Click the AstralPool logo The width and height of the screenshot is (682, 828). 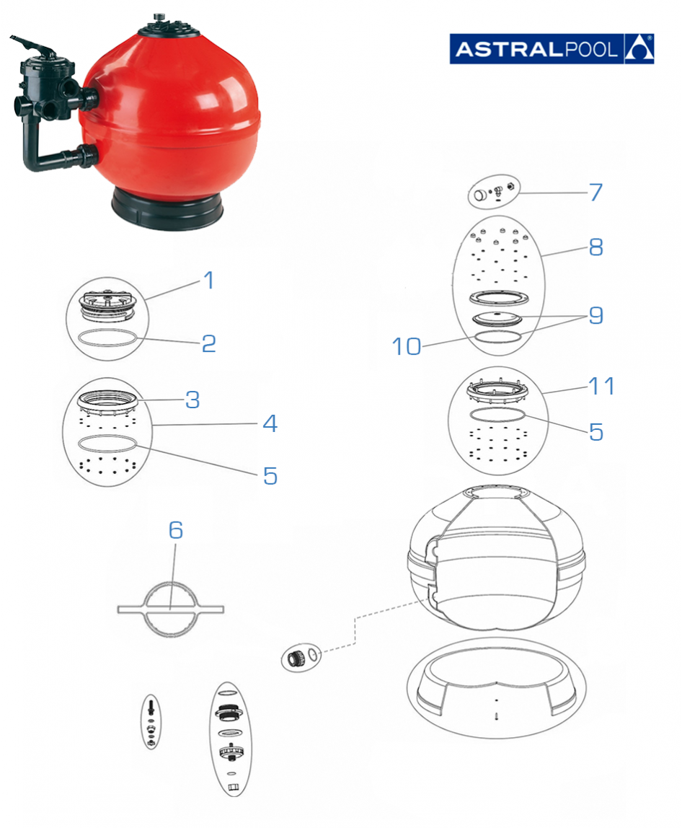click(x=552, y=48)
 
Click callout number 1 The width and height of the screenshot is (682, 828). click(x=208, y=280)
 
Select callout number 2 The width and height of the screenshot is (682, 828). click(x=208, y=343)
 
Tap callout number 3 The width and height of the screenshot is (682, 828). click(x=192, y=400)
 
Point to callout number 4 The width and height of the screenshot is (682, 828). click(x=270, y=423)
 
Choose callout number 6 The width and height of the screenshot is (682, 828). click(x=176, y=530)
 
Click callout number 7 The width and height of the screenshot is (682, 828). click(x=595, y=193)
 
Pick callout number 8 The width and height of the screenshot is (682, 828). click(x=595, y=247)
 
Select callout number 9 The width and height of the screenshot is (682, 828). click(x=595, y=315)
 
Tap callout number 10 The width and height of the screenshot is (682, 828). click(x=407, y=347)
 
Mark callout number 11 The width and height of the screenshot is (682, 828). click(x=601, y=386)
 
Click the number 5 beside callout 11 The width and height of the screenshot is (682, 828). click(x=595, y=431)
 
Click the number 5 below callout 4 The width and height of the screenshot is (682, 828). click(x=270, y=475)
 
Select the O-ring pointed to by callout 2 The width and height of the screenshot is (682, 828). click(x=107, y=338)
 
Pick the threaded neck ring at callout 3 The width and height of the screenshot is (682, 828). click(x=109, y=399)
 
